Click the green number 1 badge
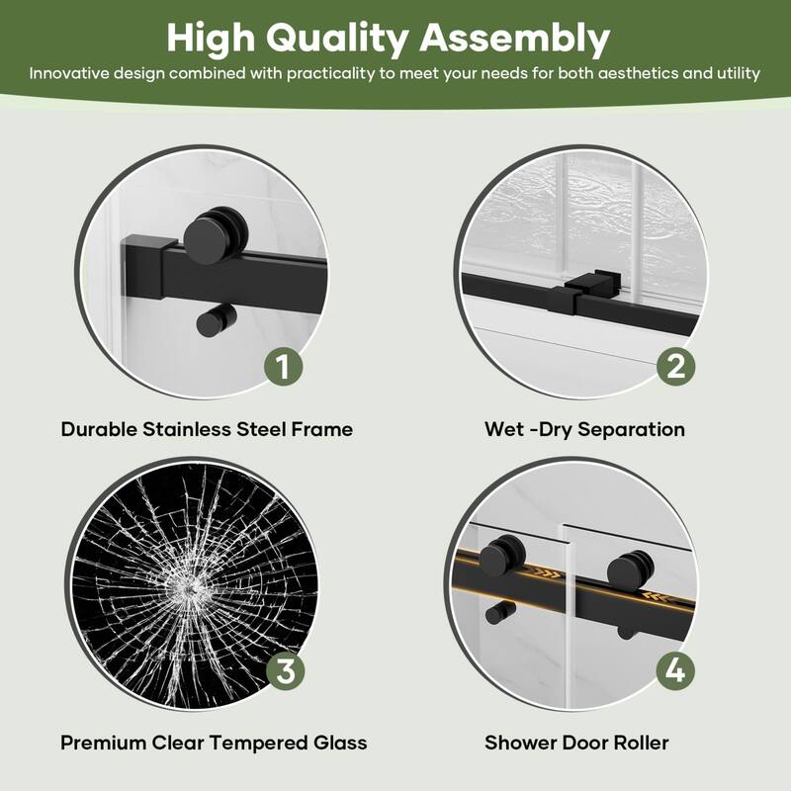coord(283,368)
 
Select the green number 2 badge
coord(676,368)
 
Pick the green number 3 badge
coord(283,672)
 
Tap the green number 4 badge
coord(676,672)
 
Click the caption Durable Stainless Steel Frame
coord(207,430)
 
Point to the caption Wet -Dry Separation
coord(584,430)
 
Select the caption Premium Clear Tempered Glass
coord(214,743)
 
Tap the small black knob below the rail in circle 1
coord(211,322)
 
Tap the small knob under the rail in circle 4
coord(493,612)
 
